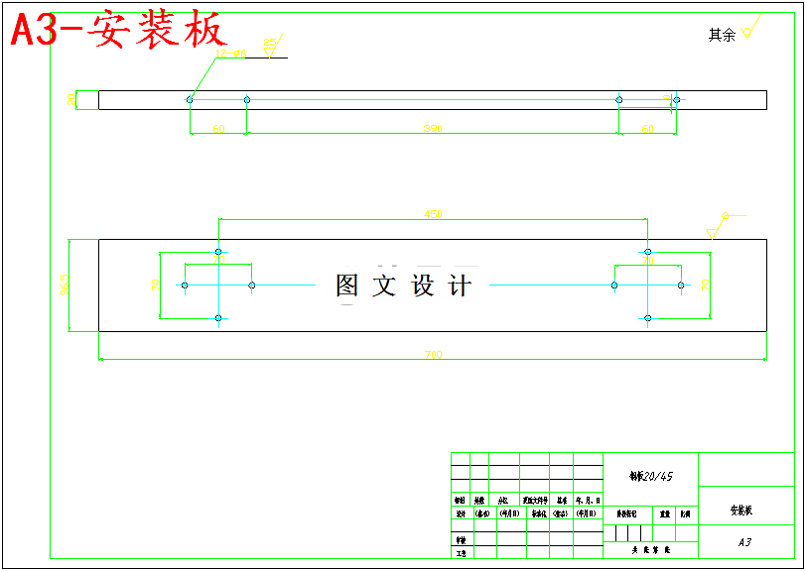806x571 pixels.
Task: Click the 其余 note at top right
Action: click(722, 35)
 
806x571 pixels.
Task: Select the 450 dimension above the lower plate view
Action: click(433, 213)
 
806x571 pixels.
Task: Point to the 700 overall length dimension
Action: click(433, 354)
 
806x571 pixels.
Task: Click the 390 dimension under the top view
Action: click(433, 129)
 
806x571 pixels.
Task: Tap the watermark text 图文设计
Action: click(403, 285)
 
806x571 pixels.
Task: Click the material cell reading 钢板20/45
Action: click(651, 476)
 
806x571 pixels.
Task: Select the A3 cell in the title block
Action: click(745, 542)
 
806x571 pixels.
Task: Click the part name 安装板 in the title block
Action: click(741, 511)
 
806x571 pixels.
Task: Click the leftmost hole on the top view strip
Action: click(190, 99)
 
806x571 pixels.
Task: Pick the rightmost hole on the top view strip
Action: click(676, 99)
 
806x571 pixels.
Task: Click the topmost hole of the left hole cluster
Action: click(218, 252)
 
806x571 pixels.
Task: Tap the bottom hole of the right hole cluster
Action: click(647, 318)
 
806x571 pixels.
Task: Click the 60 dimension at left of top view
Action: click(218, 129)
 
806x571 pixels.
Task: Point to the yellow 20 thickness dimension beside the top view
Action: click(70, 99)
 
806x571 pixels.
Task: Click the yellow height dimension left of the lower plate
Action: click(67, 285)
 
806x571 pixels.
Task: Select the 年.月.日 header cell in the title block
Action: click(589, 501)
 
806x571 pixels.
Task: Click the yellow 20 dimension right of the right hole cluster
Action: click(705, 285)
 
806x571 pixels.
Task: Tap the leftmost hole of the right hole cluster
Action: click(614, 285)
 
